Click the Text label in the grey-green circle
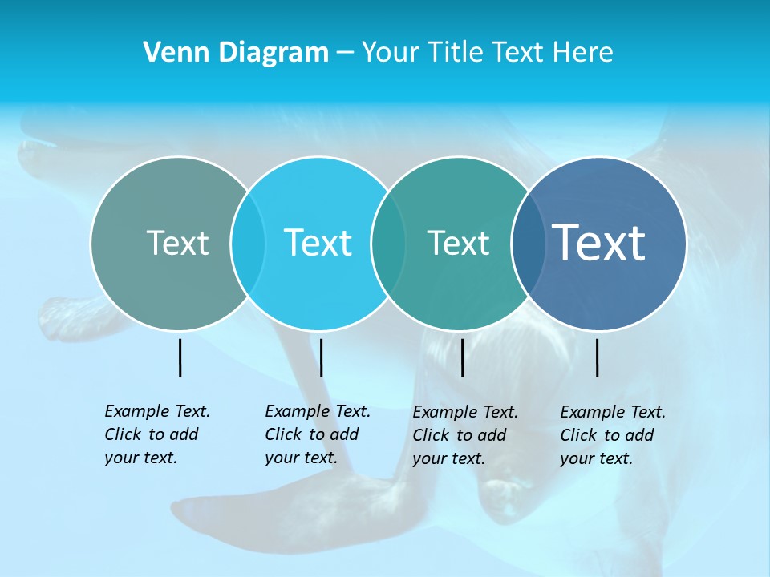[x=177, y=243]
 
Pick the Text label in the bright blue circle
[x=318, y=243]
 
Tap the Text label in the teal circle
[x=458, y=243]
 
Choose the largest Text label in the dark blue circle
[x=599, y=242]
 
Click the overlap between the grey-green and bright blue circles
[x=248, y=243]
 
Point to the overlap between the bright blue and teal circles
[x=388, y=243]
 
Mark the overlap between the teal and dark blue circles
[x=529, y=243]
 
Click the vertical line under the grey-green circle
[x=180, y=357]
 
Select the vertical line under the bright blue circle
[x=321, y=357]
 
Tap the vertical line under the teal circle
[x=462, y=357]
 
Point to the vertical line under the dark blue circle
[x=598, y=357]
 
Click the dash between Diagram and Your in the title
[x=345, y=53]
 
